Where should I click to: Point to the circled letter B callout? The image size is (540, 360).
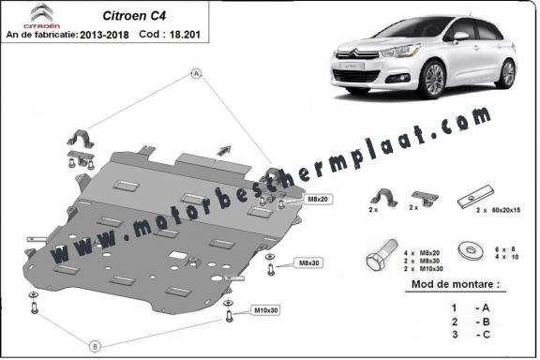pos(95,346)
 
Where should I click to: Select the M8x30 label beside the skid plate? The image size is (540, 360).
pos(307,263)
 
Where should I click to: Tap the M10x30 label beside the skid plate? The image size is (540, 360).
pos(267,309)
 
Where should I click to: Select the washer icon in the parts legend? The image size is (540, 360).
pos(463,250)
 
